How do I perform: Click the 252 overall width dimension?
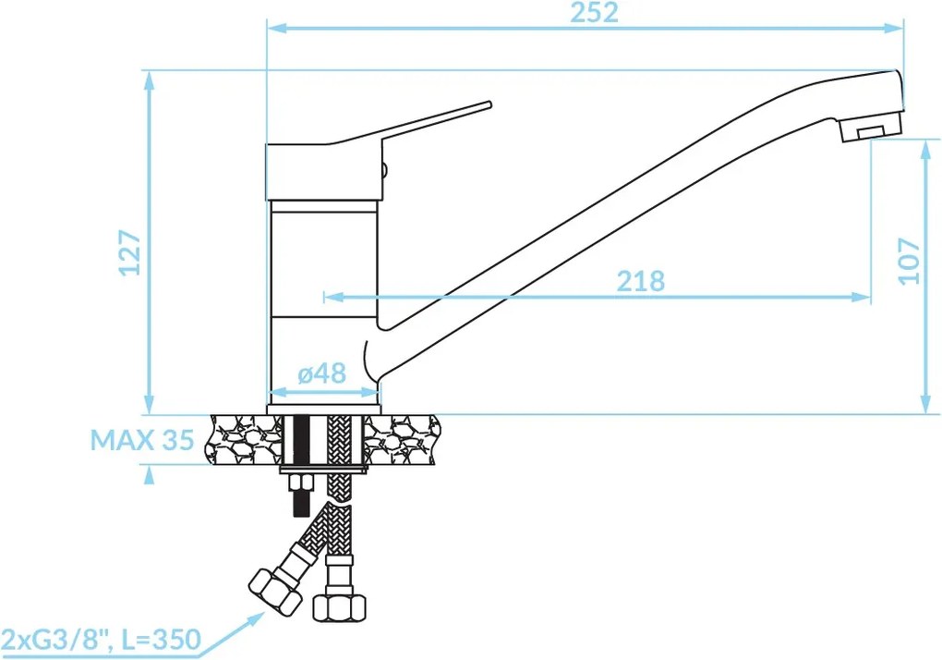[x=594, y=13]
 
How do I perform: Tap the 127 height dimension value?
[x=130, y=252]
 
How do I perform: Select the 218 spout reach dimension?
[x=641, y=281]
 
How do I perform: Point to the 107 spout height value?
[x=909, y=261]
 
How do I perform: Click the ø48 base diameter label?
[x=322, y=373]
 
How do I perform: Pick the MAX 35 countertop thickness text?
[x=142, y=440]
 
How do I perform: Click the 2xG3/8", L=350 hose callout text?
[x=101, y=639]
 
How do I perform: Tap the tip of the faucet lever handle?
[x=489, y=104]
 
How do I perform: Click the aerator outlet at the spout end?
[x=871, y=131]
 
